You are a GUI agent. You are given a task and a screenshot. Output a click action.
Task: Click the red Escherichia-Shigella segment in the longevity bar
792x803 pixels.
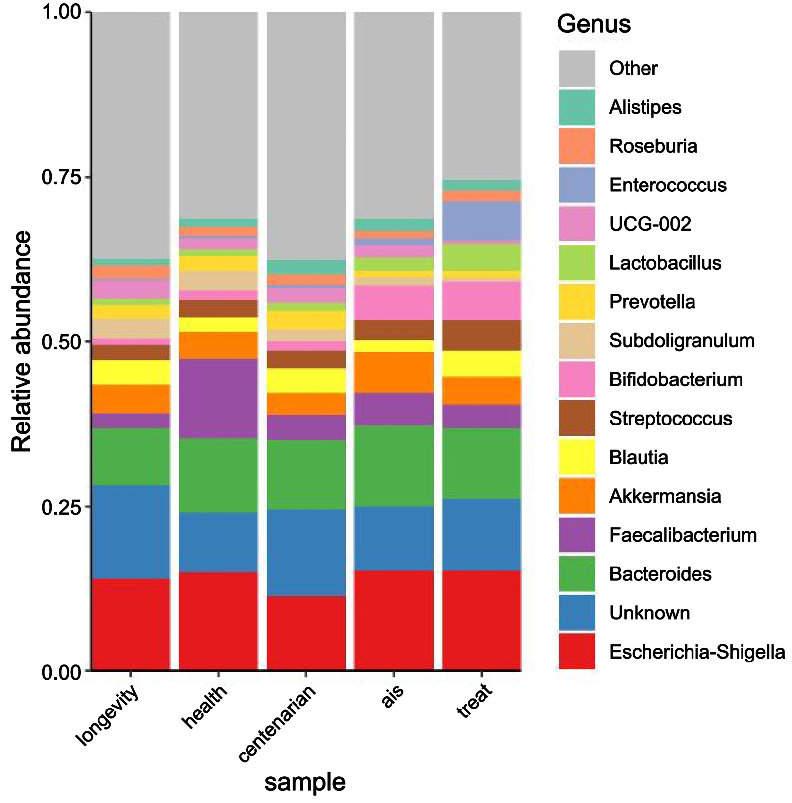(x=131, y=624)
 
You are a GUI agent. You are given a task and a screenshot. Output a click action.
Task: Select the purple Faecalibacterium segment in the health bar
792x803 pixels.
(x=218, y=398)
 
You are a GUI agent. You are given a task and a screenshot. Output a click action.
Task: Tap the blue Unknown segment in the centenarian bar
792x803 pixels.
(x=306, y=552)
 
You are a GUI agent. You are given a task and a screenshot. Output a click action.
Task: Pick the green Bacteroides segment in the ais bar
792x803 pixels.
(x=394, y=466)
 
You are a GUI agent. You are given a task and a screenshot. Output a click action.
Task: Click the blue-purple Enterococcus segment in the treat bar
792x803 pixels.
(x=481, y=222)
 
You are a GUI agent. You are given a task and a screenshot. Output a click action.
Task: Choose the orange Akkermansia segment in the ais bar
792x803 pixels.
(x=394, y=373)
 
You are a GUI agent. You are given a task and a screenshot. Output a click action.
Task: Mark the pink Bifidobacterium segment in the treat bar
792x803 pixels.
(x=481, y=300)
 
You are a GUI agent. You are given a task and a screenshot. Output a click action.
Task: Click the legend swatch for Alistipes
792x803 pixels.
(x=577, y=107)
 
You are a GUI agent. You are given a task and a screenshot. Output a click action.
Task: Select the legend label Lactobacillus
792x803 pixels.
(x=665, y=263)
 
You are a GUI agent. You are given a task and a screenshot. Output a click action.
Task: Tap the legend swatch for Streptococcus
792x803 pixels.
(x=577, y=418)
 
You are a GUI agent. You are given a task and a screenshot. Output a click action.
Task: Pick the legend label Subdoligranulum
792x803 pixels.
(x=682, y=341)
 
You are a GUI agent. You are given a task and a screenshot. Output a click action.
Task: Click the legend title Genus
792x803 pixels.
(x=594, y=24)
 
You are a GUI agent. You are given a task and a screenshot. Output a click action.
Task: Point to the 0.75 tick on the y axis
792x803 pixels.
(x=88, y=177)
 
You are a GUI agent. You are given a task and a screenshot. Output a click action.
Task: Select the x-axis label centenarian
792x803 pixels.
(x=277, y=723)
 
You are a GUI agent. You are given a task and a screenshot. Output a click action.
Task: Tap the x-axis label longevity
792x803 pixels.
(x=108, y=715)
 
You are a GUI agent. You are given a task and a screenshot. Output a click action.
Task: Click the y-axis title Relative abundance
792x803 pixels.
(x=21, y=341)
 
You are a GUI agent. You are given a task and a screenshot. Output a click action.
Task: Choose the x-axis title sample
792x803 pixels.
(x=305, y=782)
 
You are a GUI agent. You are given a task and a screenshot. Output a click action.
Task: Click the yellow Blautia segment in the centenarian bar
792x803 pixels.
(x=306, y=380)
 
